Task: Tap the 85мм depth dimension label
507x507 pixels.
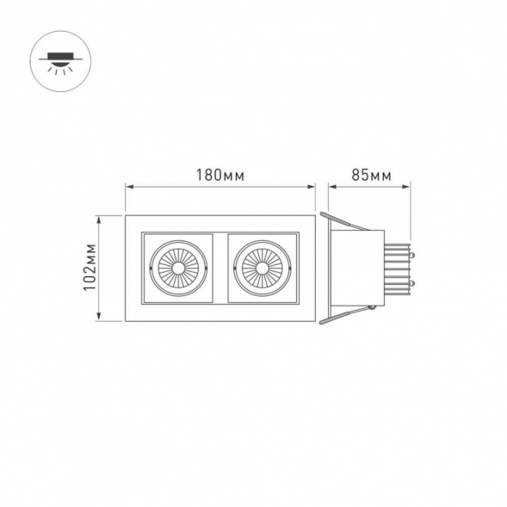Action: (371, 175)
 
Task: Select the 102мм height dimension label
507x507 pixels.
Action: (90, 268)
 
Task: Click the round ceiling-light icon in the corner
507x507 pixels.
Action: (59, 61)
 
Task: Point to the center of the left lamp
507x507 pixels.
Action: (178, 268)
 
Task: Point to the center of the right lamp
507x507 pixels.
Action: (261, 268)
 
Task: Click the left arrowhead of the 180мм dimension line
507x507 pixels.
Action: (129, 184)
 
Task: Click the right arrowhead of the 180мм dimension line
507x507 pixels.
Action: (312, 184)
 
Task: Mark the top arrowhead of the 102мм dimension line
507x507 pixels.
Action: (101, 219)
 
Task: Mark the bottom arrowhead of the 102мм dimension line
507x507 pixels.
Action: (101, 318)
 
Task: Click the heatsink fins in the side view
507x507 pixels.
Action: (397, 268)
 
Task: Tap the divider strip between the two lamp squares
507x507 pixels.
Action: (220, 268)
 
